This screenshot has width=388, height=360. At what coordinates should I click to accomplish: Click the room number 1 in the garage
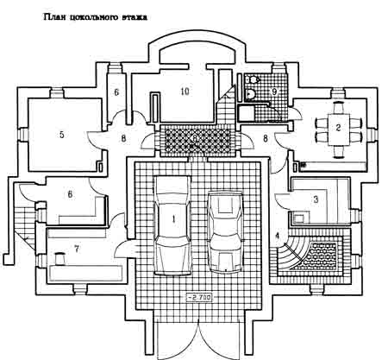[173, 219]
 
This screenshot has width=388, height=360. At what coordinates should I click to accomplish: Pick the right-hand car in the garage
[226, 232]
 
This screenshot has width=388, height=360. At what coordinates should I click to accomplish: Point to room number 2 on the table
[338, 128]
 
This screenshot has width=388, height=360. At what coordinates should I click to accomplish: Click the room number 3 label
[316, 199]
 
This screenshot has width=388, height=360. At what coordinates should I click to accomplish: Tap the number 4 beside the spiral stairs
[277, 236]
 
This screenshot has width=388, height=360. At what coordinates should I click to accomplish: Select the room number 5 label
[61, 135]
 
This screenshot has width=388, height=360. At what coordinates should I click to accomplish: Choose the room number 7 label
[77, 249]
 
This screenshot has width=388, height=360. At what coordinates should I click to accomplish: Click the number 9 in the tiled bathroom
[274, 92]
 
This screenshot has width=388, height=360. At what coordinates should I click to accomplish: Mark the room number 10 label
[185, 92]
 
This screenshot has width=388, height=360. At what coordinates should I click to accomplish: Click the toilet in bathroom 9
[252, 79]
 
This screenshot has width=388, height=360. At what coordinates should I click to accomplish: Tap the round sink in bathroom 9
[250, 93]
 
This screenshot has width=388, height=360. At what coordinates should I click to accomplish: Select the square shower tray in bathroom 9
[246, 113]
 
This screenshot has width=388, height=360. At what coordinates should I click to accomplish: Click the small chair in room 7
[59, 259]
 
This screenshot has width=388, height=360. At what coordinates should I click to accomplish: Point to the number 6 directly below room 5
[70, 194]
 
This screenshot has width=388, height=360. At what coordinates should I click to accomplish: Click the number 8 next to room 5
[123, 138]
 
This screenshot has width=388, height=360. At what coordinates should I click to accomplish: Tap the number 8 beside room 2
[266, 138]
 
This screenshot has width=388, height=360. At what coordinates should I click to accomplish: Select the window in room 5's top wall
[56, 93]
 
